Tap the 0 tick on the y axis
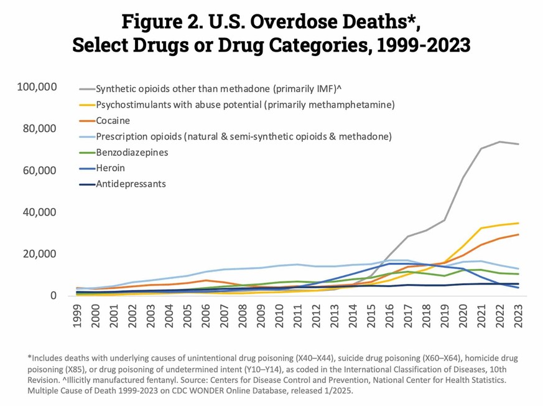[x=55, y=296]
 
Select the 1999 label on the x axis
[x=77, y=318]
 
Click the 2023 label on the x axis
[x=519, y=318]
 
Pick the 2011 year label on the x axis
[x=298, y=318]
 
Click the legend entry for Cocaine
[x=113, y=120]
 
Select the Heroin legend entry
[x=111, y=168]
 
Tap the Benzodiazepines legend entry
[x=132, y=152]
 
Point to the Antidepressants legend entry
[x=131, y=184]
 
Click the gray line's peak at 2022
[x=500, y=141]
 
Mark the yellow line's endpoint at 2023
[x=519, y=223]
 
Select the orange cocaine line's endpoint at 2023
[x=519, y=235]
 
